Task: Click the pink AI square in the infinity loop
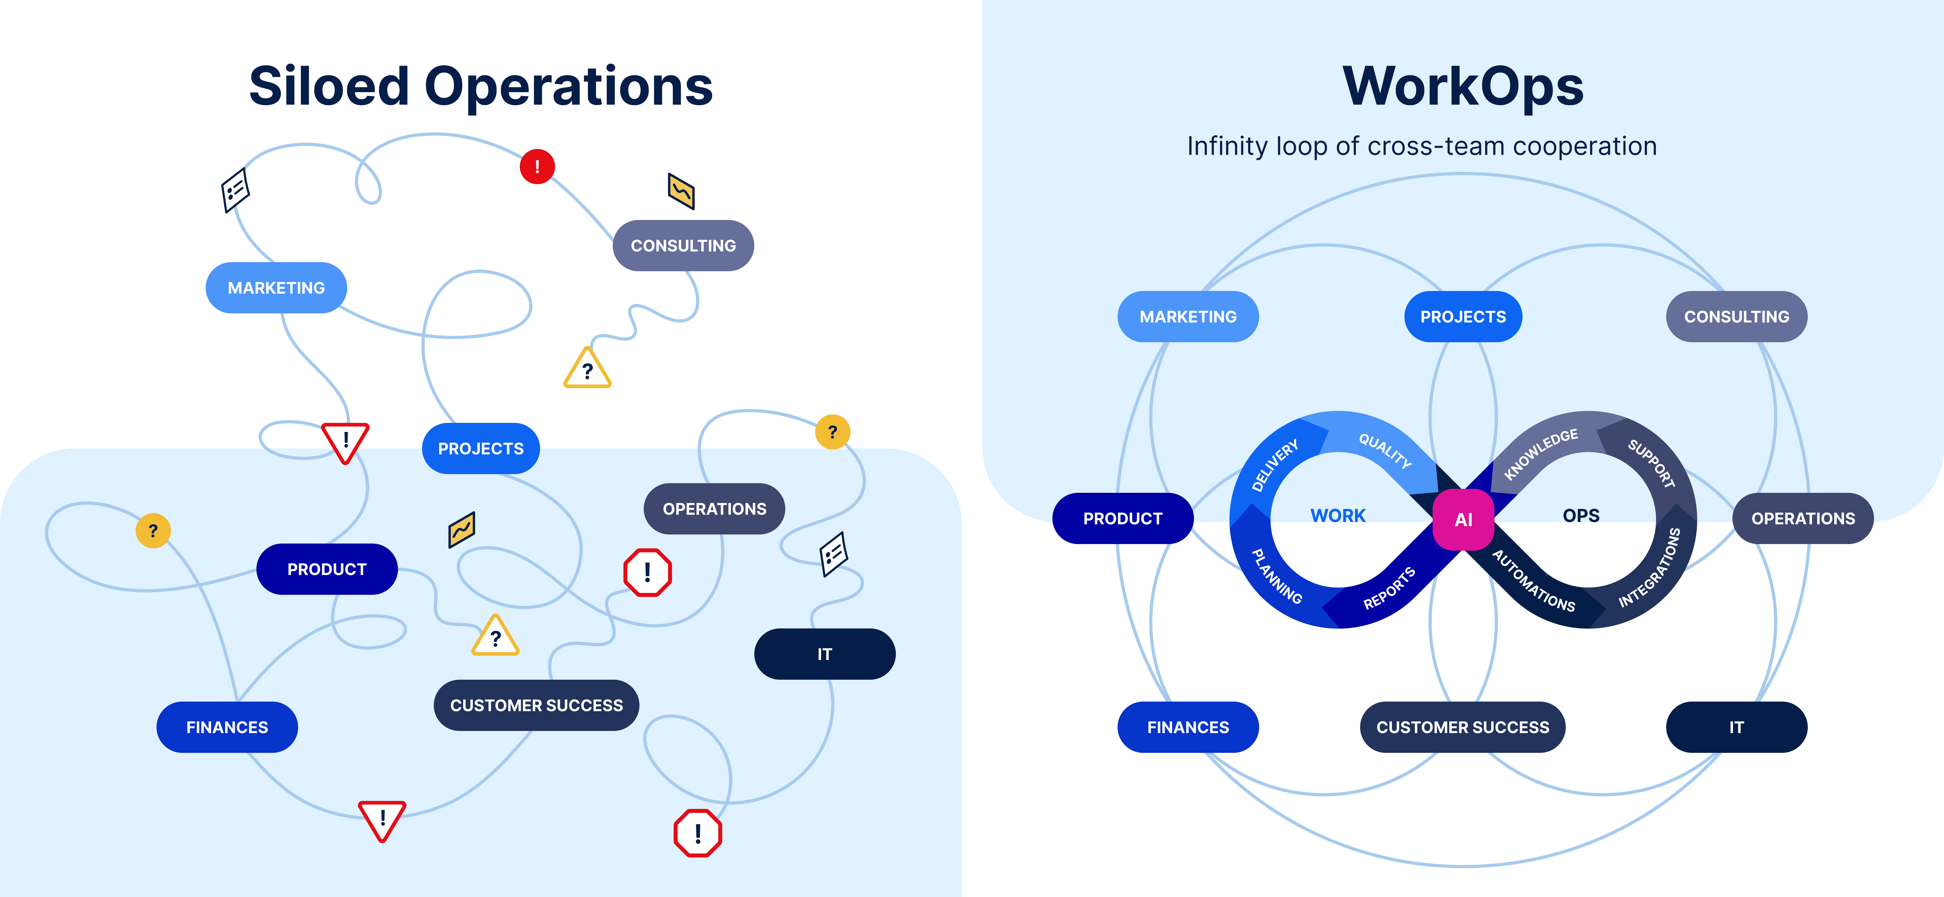tap(1462, 519)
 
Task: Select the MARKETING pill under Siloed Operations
tap(276, 288)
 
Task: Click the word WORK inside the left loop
tap(1337, 515)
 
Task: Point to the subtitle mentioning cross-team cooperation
tap(1422, 145)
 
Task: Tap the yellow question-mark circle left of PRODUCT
tap(153, 530)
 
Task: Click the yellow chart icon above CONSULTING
tap(681, 191)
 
